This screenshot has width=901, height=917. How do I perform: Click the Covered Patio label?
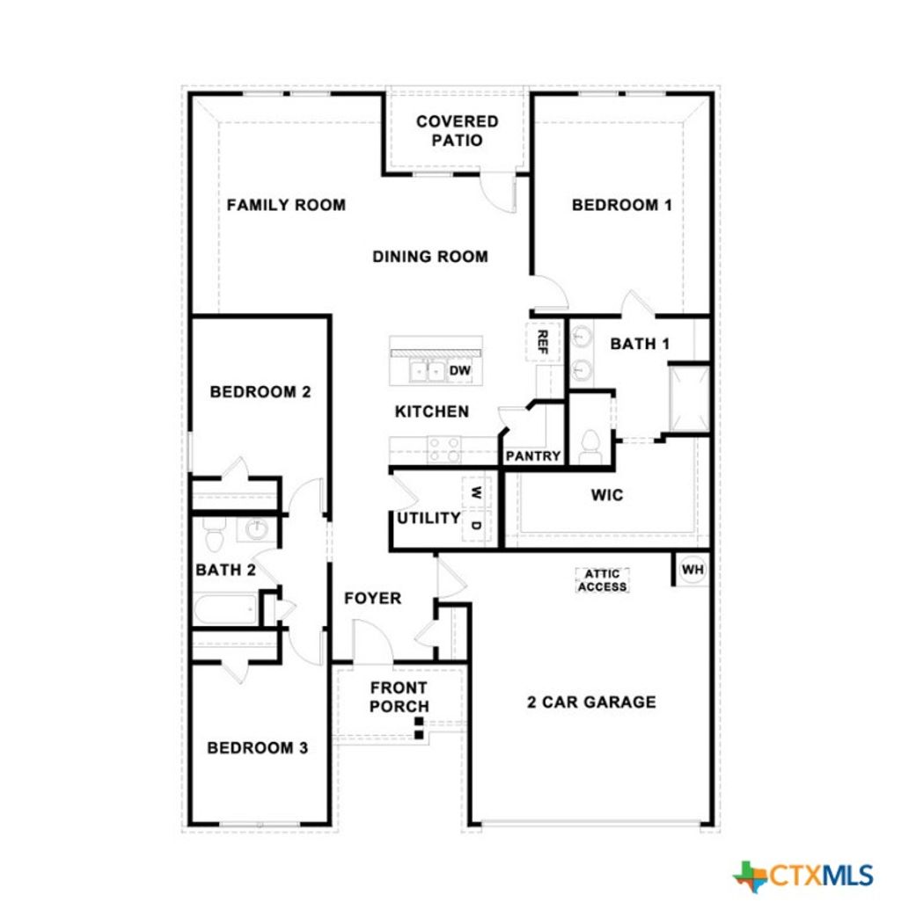tap(457, 130)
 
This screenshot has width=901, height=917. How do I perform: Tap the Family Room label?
tap(286, 205)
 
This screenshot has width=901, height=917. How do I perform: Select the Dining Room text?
tap(429, 257)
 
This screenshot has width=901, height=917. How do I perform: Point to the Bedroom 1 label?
tap(622, 205)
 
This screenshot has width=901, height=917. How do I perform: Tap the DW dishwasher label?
tap(461, 371)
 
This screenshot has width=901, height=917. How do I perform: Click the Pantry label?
tap(533, 455)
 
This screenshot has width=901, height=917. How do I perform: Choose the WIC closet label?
tap(607, 495)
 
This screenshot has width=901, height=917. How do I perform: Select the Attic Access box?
tap(603, 580)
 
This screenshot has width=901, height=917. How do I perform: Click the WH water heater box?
tap(693, 570)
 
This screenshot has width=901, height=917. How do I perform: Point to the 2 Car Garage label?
tap(591, 702)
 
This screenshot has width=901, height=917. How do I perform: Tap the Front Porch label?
tap(399, 696)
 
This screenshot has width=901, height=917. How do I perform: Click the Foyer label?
tap(372, 599)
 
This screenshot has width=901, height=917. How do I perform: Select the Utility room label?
tap(429, 518)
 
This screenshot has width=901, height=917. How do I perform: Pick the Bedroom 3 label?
tap(257, 748)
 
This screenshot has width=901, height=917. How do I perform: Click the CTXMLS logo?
tap(803, 875)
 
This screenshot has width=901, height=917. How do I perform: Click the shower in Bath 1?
tap(688, 399)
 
